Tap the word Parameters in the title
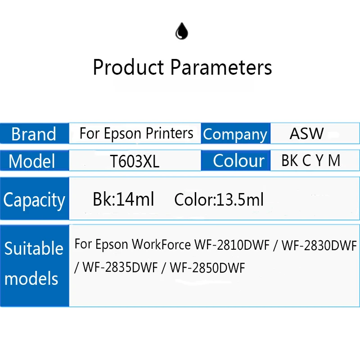[x=221, y=67]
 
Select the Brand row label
[x=34, y=134]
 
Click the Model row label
[x=32, y=161]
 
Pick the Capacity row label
[x=34, y=200]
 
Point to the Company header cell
[x=235, y=134]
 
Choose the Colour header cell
[x=238, y=161]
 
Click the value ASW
[x=306, y=134]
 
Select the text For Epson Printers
[x=136, y=133]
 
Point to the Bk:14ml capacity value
[x=123, y=199]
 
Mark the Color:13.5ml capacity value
[x=219, y=199]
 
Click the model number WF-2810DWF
[x=231, y=245]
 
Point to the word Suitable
[x=34, y=248]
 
